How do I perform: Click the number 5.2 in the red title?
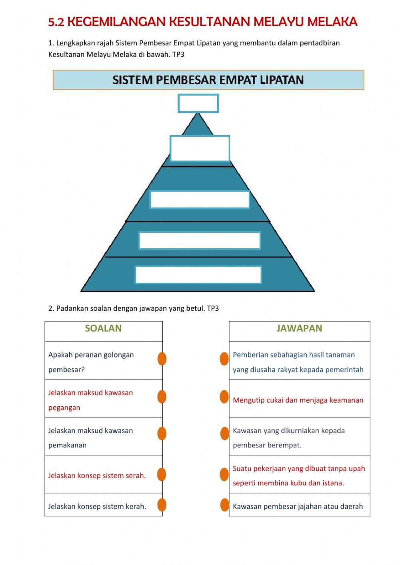(56, 22)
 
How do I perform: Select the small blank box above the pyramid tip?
(198, 103)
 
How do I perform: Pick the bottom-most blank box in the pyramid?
(198, 275)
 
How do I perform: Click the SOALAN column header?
(103, 328)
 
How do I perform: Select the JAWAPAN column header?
(299, 328)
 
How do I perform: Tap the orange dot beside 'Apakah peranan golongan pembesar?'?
(162, 359)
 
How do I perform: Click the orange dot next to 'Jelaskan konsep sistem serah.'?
(162, 474)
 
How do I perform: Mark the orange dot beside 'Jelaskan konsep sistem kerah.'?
(162, 505)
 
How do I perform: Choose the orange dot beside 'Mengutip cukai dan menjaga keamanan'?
(224, 397)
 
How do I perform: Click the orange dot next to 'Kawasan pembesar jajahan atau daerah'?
(225, 505)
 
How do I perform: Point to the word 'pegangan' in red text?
(64, 408)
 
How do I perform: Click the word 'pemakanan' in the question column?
(67, 445)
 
